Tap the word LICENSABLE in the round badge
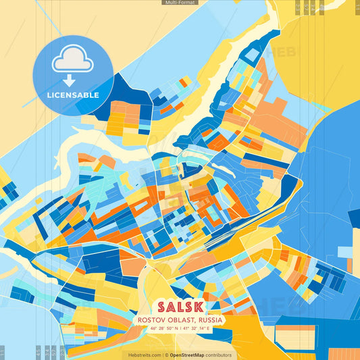click(73, 95)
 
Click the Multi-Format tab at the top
click(180, 3)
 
